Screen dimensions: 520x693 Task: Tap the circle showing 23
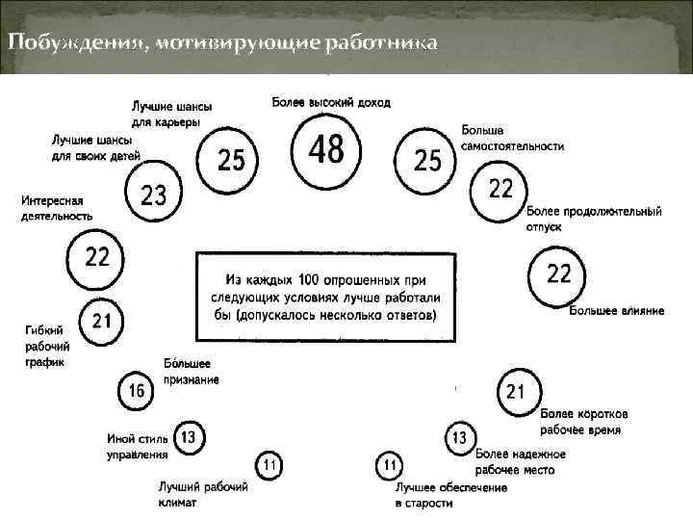(154, 194)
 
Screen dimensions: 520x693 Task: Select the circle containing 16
(136, 391)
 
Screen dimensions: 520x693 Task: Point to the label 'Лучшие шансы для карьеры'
(173, 114)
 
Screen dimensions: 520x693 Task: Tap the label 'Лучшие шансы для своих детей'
(96, 147)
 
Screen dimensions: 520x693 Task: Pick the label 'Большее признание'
(192, 372)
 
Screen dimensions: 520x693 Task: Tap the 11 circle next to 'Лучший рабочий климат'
(269, 466)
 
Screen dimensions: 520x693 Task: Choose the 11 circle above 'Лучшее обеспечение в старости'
(389, 467)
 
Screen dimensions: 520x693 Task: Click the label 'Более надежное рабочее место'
(521, 460)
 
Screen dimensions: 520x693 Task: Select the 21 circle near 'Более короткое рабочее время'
(515, 391)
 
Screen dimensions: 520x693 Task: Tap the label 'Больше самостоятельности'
(513, 138)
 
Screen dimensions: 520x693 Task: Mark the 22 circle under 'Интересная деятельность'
(97, 256)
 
